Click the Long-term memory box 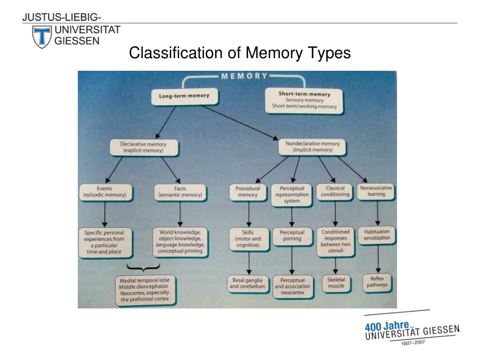185,97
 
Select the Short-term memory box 304,100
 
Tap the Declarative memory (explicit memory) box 144,147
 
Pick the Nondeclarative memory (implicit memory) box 312,147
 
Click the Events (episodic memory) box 106,192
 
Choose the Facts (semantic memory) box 180,192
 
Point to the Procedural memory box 248,192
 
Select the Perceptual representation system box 292,195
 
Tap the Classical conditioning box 335,192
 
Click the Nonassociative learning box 376,192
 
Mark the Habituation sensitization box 377,235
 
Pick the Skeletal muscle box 336,283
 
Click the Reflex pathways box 377,282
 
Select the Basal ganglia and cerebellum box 247,284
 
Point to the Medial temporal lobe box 145,290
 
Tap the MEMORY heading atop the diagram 245,76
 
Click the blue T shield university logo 42,37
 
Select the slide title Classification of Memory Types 240,53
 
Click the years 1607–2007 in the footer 413,343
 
